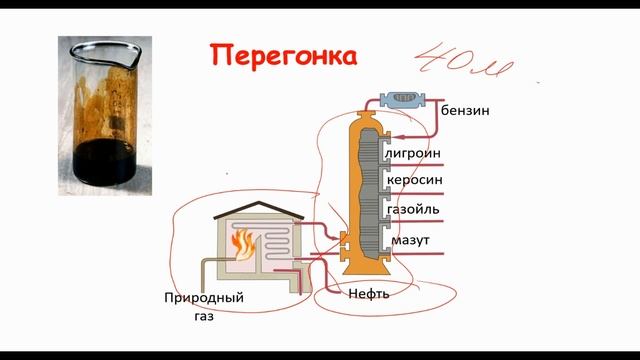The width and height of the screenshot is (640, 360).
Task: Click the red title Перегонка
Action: tap(282, 56)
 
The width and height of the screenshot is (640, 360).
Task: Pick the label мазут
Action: tap(411, 241)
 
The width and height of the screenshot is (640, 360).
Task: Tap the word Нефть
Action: tap(368, 294)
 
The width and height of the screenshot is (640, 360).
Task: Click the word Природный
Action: tap(204, 298)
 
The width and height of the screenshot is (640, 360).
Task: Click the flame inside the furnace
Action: tap(240, 242)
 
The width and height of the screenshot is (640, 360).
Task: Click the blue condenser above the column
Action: tap(405, 98)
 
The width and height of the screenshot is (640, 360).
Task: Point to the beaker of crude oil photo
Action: tap(104, 105)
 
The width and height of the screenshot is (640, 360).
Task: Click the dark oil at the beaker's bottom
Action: tap(103, 156)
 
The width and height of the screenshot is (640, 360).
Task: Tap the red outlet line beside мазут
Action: tap(420, 257)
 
